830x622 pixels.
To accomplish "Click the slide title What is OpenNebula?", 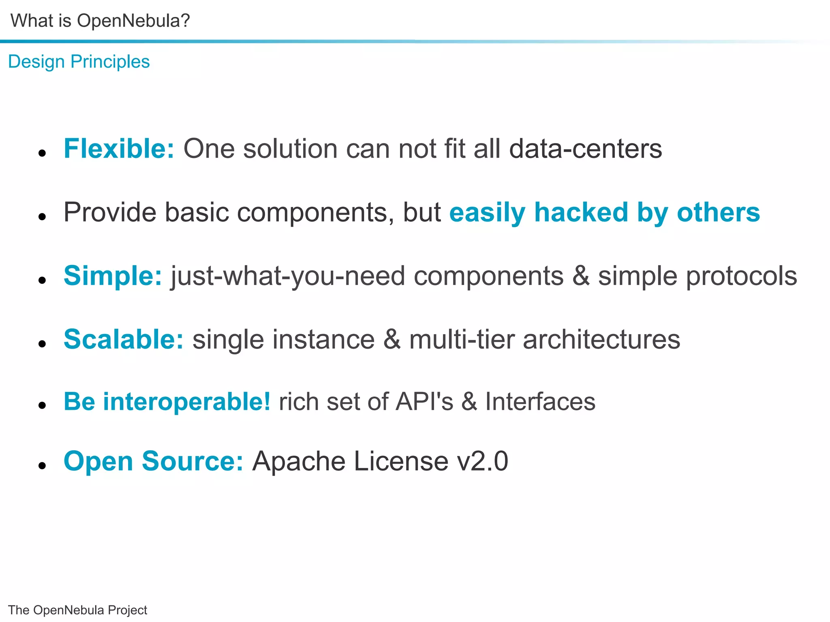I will tap(100, 21).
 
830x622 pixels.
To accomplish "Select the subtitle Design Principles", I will tap(79, 62).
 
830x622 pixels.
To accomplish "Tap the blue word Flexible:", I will tap(119, 149).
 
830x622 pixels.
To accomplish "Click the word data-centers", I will tap(585, 149).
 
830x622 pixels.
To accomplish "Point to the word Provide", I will tap(109, 212).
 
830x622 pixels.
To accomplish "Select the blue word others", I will tap(718, 212).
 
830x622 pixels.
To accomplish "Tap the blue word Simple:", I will tap(113, 276).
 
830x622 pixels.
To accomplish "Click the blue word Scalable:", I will tap(124, 339).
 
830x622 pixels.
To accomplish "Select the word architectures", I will tap(601, 339).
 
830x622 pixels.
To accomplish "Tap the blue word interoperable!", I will tap(186, 402).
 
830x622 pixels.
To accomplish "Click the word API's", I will tap(424, 402).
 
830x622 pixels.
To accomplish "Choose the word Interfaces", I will tap(540, 402).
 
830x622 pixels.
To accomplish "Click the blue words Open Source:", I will tap(153, 461).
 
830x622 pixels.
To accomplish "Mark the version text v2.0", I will tap(482, 461).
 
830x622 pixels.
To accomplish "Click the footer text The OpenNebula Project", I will tap(77, 610).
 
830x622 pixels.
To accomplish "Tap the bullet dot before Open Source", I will tap(42, 466).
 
